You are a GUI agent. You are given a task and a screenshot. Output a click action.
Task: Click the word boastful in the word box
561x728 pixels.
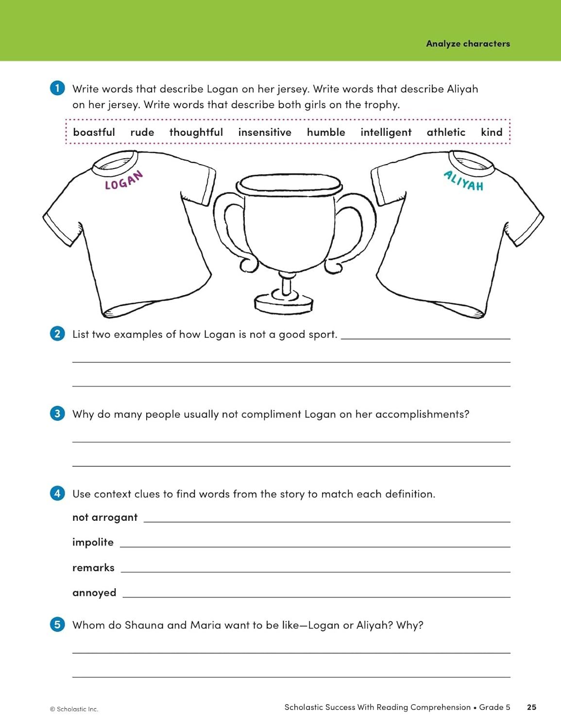tap(94, 132)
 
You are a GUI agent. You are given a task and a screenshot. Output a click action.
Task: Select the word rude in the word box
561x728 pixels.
tap(142, 132)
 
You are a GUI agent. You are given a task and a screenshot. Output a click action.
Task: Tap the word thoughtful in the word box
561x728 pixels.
tap(196, 132)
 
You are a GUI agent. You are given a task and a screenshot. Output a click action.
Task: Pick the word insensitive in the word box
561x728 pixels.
tap(265, 132)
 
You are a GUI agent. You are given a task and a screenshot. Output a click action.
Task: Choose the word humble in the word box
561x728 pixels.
tap(326, 132)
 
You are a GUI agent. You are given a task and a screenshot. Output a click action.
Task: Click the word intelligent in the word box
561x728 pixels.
tap(386, 132)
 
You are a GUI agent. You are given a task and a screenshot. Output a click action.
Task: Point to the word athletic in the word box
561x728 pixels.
tap(446, 132)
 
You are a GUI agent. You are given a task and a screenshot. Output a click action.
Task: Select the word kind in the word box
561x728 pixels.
tap(492, 132)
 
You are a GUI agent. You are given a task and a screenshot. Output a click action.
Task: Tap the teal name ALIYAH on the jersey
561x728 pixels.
tap(464, 181)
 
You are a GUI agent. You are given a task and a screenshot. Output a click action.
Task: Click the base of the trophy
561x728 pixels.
tap(284, 303)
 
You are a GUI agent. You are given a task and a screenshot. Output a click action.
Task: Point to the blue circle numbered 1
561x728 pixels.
tap(57, 88)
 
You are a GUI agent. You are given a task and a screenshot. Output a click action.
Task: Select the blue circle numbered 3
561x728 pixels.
tap(57, 414)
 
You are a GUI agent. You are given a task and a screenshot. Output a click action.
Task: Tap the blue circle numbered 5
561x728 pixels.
tap(57, 625)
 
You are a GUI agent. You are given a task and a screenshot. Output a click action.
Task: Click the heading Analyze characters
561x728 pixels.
tap(468, 44)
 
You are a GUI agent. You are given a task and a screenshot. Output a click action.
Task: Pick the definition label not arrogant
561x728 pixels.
tap(105, 517)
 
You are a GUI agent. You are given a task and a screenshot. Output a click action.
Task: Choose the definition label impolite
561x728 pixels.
tap(93, 542)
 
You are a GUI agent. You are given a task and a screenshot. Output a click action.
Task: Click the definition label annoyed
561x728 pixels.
tap(94, 593)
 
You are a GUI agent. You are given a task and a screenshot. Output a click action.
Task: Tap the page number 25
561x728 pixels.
tap(531, 707)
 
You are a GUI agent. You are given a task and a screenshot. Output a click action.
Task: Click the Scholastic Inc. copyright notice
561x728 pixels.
tap(74, 709)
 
